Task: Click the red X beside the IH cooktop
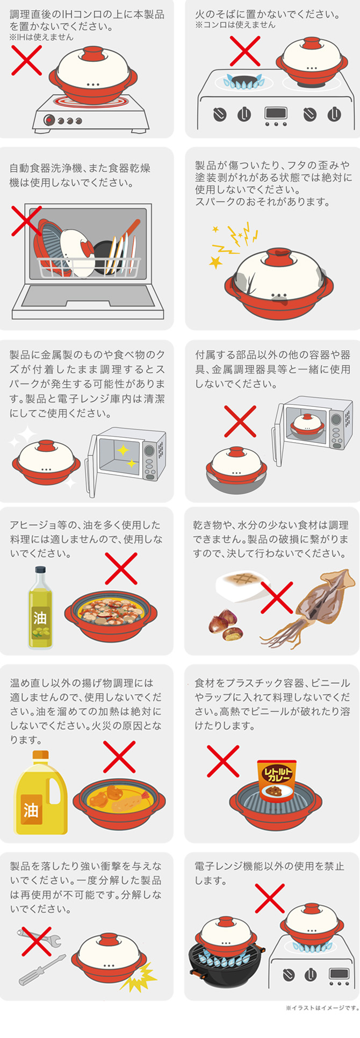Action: pos(27,60)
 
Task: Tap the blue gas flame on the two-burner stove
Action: pos(243,82)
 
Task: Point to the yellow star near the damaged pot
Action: pos(215,262)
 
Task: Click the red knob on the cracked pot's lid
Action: pos(279,254)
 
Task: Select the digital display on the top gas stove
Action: pos(276,113)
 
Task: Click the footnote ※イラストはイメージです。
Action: pos(322,1022)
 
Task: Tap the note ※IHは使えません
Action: pos(41,38)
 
